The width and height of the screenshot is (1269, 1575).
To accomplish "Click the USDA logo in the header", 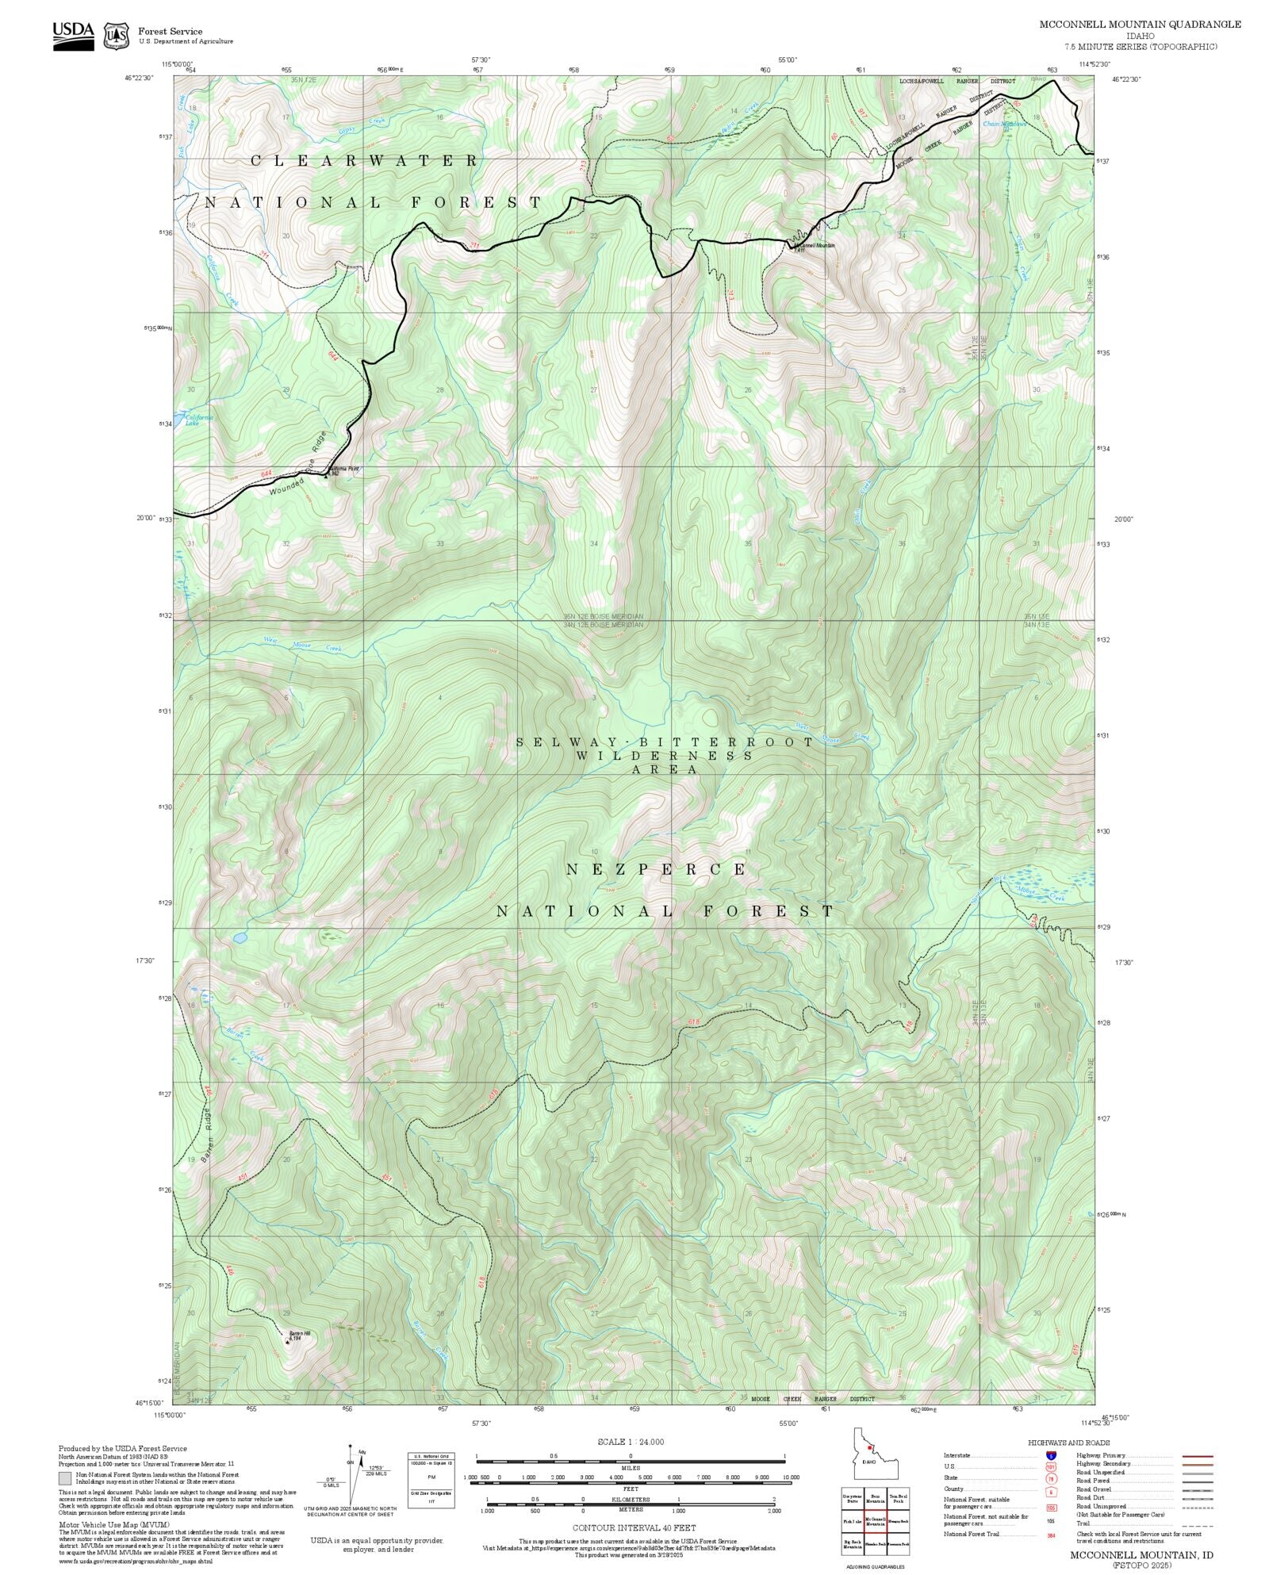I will point(73,35).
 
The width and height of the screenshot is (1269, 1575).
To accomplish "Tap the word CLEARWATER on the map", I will point(365,161).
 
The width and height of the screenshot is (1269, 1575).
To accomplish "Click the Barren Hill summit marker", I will point(288,1342).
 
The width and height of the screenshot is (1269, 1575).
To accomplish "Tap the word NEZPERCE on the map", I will point(657,870).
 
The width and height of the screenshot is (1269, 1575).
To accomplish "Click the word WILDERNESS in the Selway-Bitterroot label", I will point(665,756).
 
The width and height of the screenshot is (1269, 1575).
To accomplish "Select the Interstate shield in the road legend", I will point(1051,1456).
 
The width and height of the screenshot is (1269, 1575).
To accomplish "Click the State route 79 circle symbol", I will point(1051,1478).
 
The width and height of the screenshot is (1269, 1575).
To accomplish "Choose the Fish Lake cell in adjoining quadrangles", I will point(852,1522).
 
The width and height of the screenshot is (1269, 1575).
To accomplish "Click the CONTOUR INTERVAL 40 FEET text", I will point(634,1527).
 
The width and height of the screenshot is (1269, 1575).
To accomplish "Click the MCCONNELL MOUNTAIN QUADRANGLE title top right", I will point(1140,25).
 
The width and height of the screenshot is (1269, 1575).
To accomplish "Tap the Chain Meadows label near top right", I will point(1004,125).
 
